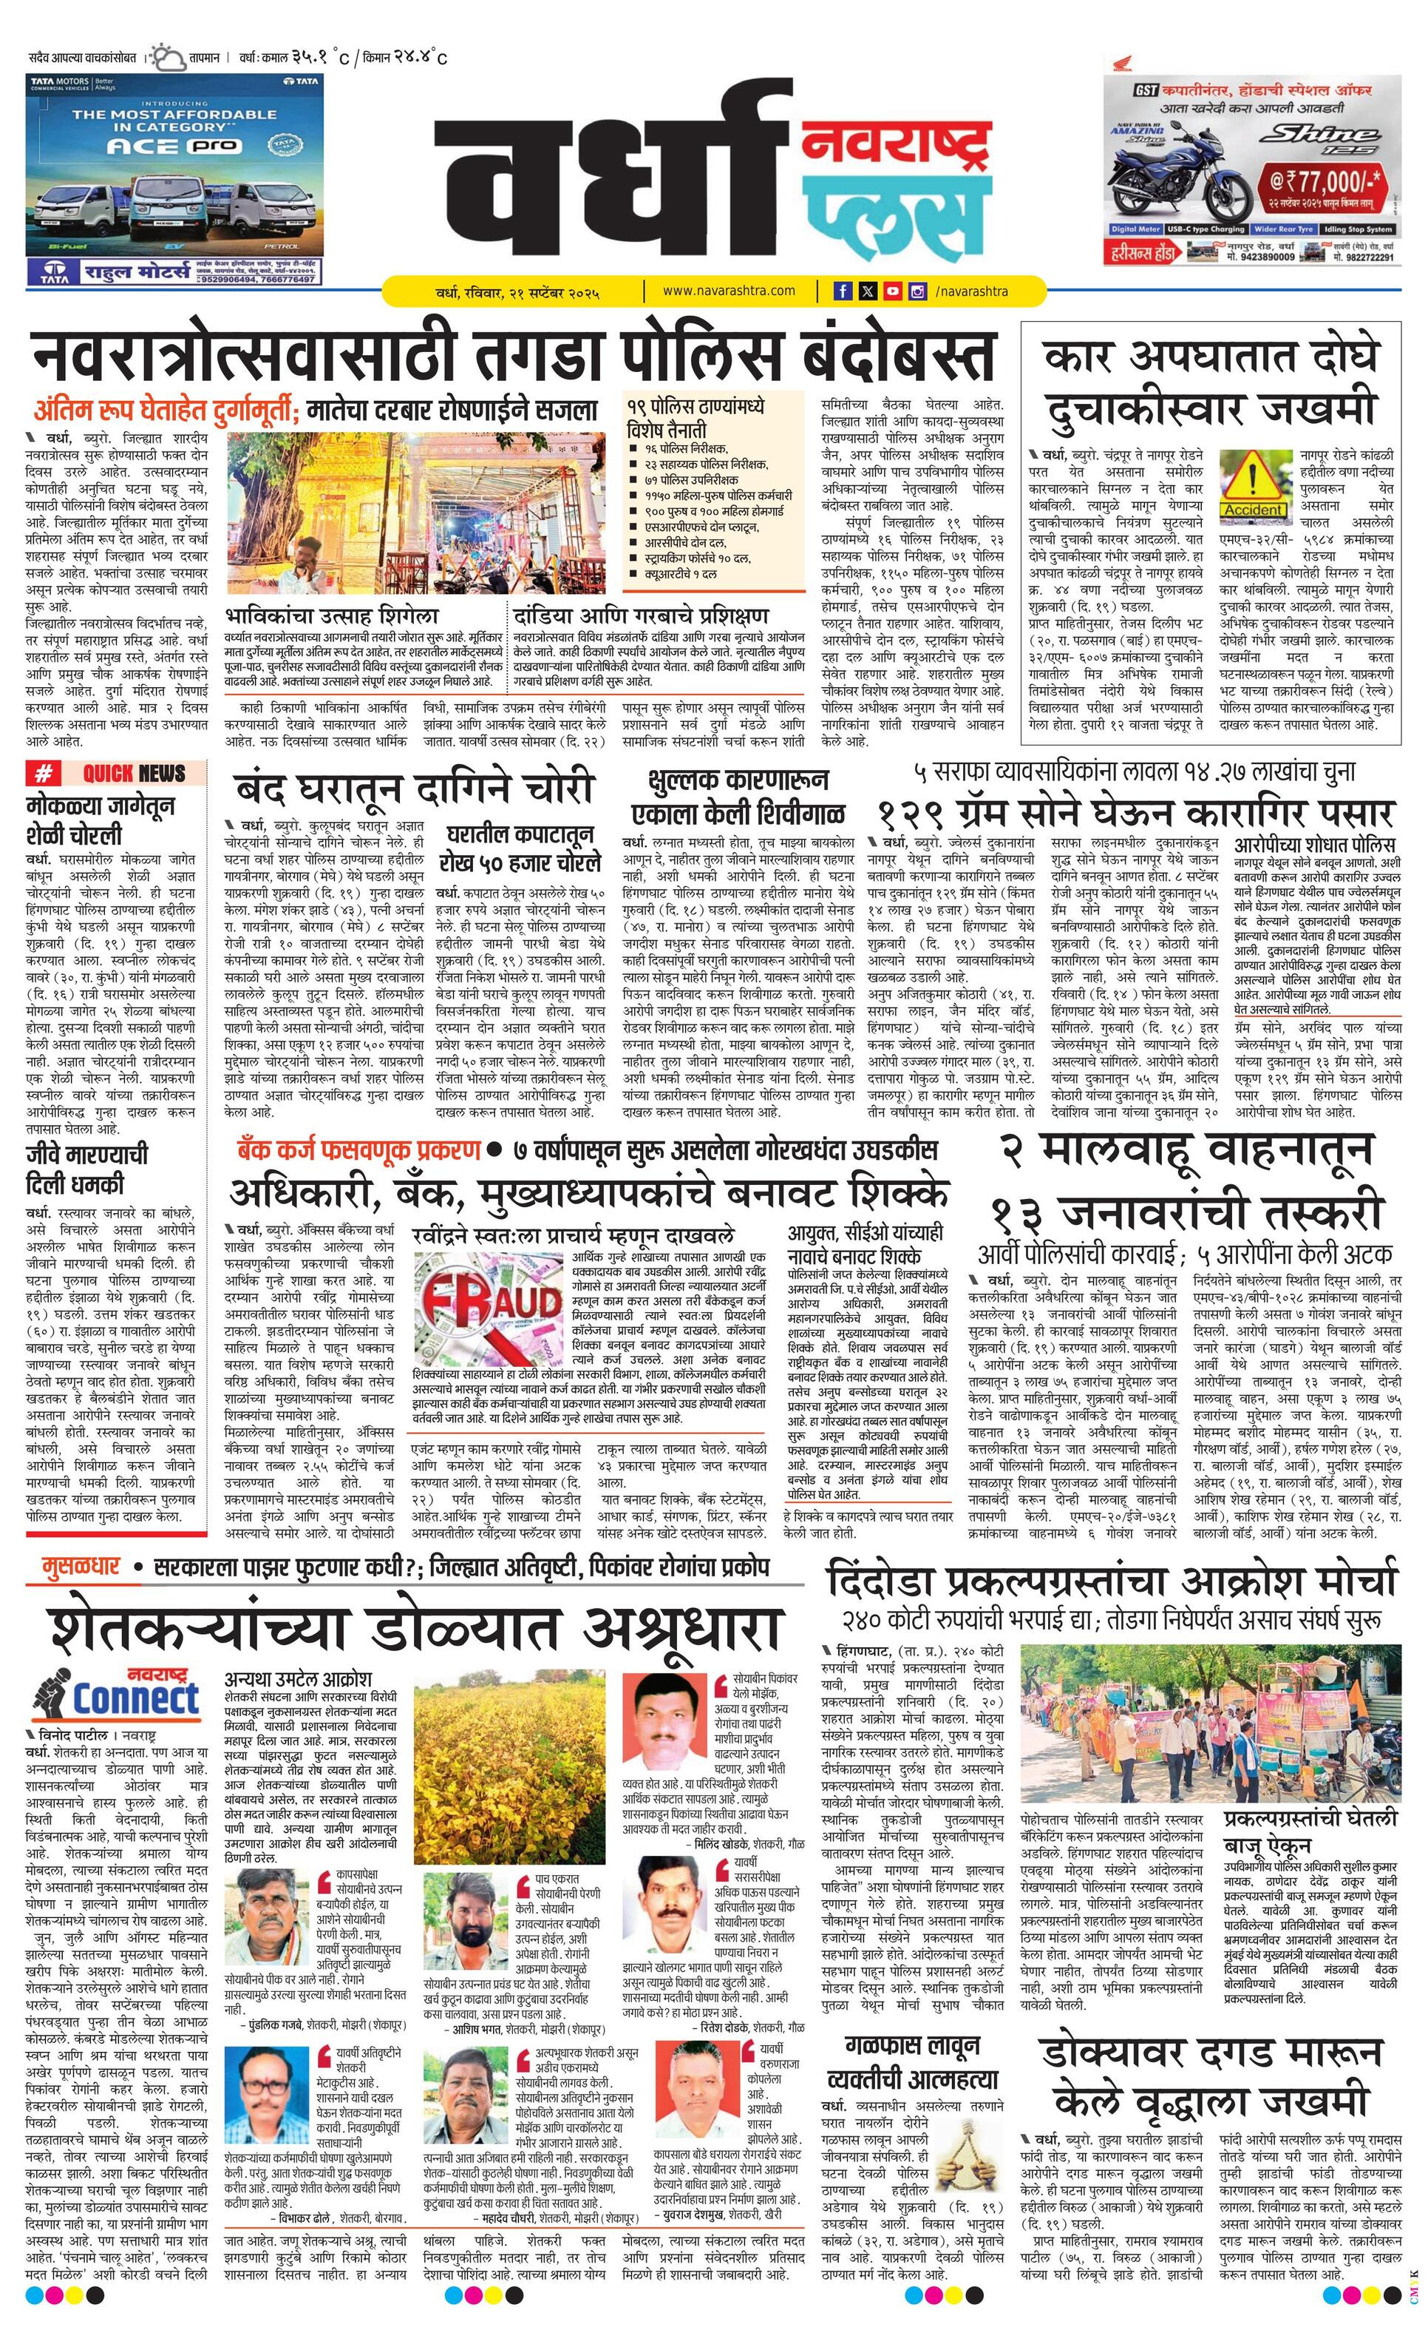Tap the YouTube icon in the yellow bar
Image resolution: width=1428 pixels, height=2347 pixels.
[x=892, y=291]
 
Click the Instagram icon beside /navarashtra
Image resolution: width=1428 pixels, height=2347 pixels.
[x=916, y=291]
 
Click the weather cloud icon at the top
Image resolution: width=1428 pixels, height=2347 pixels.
[x=171, y=57]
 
